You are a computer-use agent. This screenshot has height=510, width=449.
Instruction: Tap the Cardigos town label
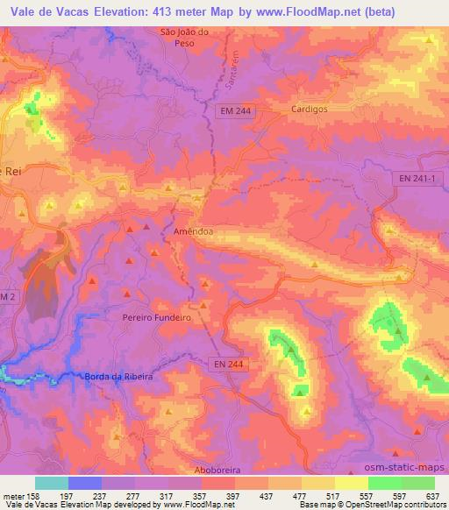click(308, 110)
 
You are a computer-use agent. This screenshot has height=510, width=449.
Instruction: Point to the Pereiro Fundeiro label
click(157, 318)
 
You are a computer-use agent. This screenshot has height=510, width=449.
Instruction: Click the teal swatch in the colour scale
click(52, 483)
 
